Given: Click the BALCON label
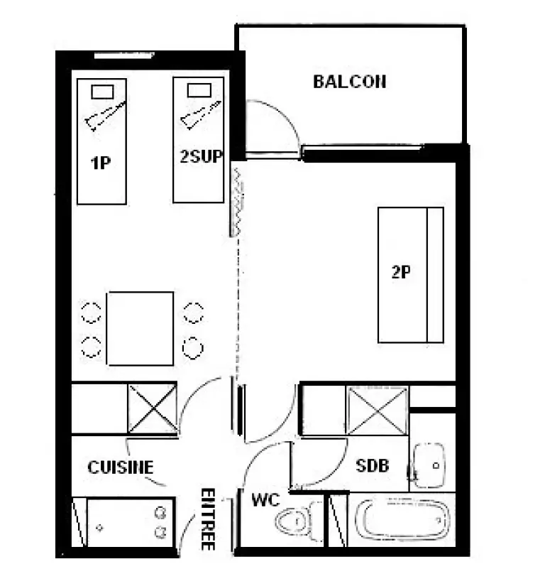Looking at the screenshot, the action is point(349,82).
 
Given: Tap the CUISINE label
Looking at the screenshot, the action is point(120,467).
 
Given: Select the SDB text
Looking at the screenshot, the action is point(372,466).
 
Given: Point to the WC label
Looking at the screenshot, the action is point(265,499).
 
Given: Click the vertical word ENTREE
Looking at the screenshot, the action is point(208,519).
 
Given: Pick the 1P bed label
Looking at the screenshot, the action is point(101,163).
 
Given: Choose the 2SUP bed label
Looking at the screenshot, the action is point(201,156).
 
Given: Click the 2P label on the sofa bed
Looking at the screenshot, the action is point(401,272).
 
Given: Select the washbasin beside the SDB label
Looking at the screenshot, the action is point(429,466).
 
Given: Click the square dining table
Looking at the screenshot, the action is point(140,328).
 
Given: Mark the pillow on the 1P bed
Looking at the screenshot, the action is point(103,92).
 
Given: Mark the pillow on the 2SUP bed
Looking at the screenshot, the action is point(199,90).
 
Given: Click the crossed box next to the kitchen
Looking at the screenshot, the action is point(153,408).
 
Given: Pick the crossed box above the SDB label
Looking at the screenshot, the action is point(377,411).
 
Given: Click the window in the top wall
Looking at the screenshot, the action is point(124,55).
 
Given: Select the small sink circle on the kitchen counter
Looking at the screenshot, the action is point(99,528).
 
